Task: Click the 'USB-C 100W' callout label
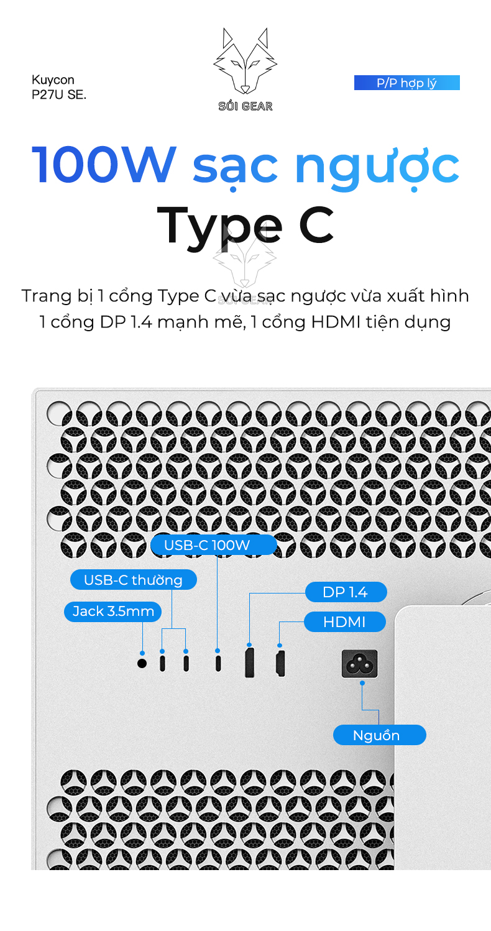214,545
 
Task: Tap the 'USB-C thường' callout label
134,580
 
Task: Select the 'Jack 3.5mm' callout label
113,612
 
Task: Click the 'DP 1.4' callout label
346,592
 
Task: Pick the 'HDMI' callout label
345,621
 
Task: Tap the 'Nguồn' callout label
380,735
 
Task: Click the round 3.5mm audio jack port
142,663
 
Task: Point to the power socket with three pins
360,664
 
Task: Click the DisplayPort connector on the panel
249,663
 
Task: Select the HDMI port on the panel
280,664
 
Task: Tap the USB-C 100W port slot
218,663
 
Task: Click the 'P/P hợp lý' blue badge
407,83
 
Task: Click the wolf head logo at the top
245,61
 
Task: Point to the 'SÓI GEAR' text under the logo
245,106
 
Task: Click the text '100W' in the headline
104,165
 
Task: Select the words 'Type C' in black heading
245,226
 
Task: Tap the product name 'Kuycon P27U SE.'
59,87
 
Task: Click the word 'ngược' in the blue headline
377,168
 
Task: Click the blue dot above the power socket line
362,683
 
